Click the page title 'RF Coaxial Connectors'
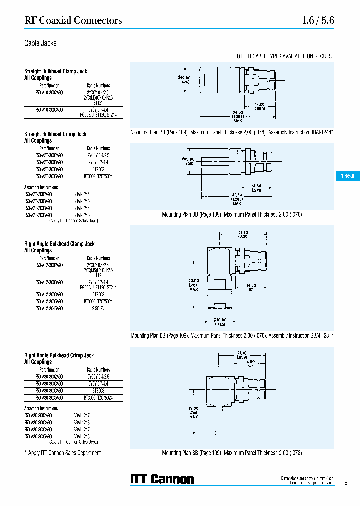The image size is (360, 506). (73, 21)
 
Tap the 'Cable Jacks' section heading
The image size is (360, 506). (40, 43)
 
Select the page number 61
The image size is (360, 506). (347, 482)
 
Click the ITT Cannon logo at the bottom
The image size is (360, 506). (162, 479)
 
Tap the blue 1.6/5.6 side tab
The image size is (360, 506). (347, 177)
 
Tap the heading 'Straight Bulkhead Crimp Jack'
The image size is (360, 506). (55, 134)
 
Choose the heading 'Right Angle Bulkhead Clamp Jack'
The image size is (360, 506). (59, 244)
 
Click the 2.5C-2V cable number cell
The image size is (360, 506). (98, 309)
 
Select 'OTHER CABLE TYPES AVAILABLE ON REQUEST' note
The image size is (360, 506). (285, 56)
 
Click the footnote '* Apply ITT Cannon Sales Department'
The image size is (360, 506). (62, 453)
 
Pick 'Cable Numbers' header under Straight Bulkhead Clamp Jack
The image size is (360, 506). (98, 85)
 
